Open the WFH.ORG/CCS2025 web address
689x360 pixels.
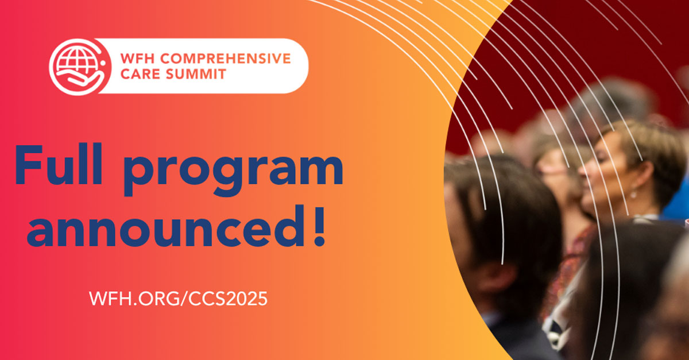pos(178,299)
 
